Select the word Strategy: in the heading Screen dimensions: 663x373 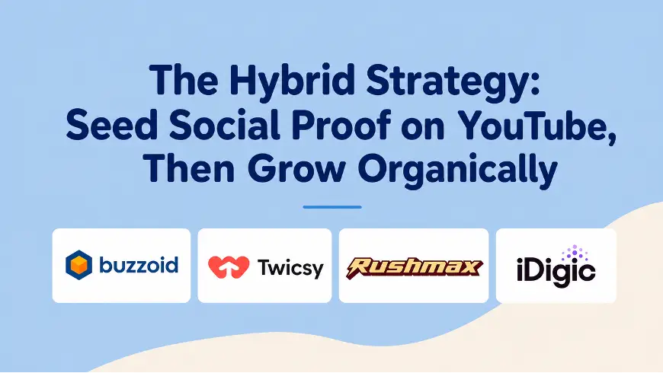pyautogui.click(x=453, y=82)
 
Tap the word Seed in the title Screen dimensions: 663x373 pyautogui.click(x=112, y=126)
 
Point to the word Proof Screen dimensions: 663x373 pyautogui.click(x=341, y=125)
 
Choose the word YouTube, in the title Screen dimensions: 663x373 pyautogui.click(x=537, y=126)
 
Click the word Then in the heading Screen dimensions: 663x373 pyautogui.click(x=188, y=168)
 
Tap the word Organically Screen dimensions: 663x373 pyautogui.click(x=457, y=171)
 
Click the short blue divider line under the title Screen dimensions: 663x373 pyautogui.click(x=332, y=207)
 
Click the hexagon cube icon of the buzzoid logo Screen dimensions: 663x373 pyautogui.click(x=78, y=265)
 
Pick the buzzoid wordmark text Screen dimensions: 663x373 pyautogui.click(x=139, y=265)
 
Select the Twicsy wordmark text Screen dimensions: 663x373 pyautogui.click(x=290, y=268)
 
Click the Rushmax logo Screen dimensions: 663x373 pyautogui.click(x=414, y=267)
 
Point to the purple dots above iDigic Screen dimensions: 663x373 pyautogui.click(x=575, y=253)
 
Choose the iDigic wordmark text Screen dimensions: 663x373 pyautogui.click(x=556, y=270)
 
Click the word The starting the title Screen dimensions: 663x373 pyautogui.click(x=184, y=79)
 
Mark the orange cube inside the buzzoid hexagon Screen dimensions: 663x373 pyautogui.click(x=78, y=265)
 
